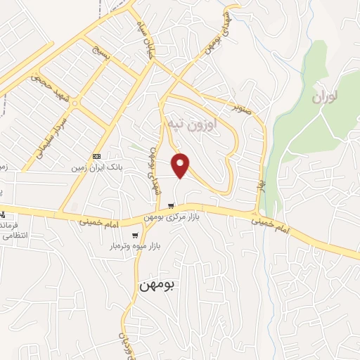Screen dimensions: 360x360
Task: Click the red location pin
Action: coord(181,165)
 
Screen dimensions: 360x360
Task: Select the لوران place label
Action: coord(326,96)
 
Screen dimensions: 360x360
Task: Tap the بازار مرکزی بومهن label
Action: coord(172,217)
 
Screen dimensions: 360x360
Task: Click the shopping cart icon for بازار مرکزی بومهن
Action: coord(172,206)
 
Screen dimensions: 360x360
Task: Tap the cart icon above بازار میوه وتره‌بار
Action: coord(134,235)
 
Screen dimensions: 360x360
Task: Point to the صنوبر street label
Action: coord(241,109)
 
